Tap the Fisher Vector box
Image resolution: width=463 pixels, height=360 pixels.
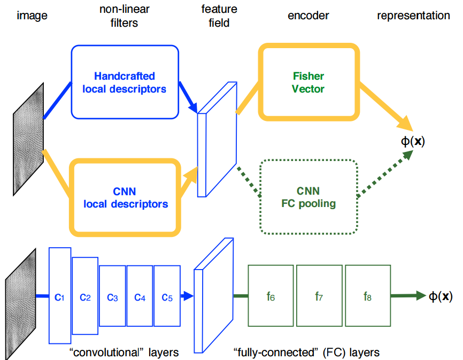[307, 81]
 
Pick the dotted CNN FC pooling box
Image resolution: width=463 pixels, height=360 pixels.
[307, 197]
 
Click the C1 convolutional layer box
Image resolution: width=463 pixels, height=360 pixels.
[59, 295]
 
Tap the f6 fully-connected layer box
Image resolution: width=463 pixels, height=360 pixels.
[271, 295]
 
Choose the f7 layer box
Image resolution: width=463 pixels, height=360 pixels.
[319, 295]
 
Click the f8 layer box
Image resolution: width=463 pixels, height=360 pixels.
[367, 295]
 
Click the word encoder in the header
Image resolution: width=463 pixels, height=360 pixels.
[308, 16]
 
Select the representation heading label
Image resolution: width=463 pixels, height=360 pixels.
[413, 16]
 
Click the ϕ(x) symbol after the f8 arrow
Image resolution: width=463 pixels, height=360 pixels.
[441, 295]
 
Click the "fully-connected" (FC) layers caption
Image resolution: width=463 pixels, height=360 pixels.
[306, 352]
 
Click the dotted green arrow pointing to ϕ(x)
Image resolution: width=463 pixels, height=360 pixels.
[384, 173]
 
